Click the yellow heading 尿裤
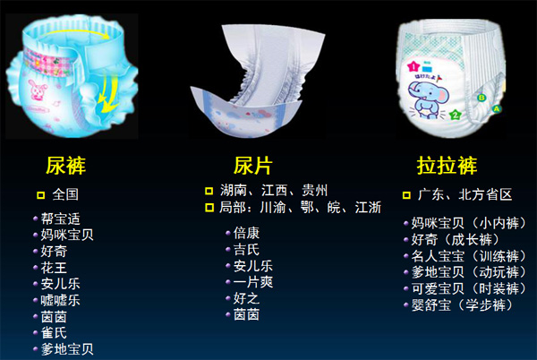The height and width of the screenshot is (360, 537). point(65,166)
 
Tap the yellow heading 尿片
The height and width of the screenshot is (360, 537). point(253,166)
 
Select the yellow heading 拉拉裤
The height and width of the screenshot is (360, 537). point(447,166)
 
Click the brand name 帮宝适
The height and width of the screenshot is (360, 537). point(61,219)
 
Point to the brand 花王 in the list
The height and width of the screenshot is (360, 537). point(54,268)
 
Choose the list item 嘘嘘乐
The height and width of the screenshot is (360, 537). point(61,300)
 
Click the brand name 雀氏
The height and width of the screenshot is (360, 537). point(54,333)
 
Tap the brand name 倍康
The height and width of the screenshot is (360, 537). point(247,233)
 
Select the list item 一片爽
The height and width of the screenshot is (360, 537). point(253,283)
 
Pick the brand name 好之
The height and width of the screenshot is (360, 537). point(247,299)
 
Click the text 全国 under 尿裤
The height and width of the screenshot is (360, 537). point(65,194)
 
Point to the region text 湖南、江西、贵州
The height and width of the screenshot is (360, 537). point(274,191)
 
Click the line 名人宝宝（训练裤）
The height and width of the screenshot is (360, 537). point(468,256)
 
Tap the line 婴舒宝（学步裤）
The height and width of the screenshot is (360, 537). point(462,305)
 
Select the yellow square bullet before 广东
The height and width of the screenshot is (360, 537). point(406,195)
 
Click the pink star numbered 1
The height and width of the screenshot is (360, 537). point(413,66)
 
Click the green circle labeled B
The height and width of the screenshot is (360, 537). point(482,98)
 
